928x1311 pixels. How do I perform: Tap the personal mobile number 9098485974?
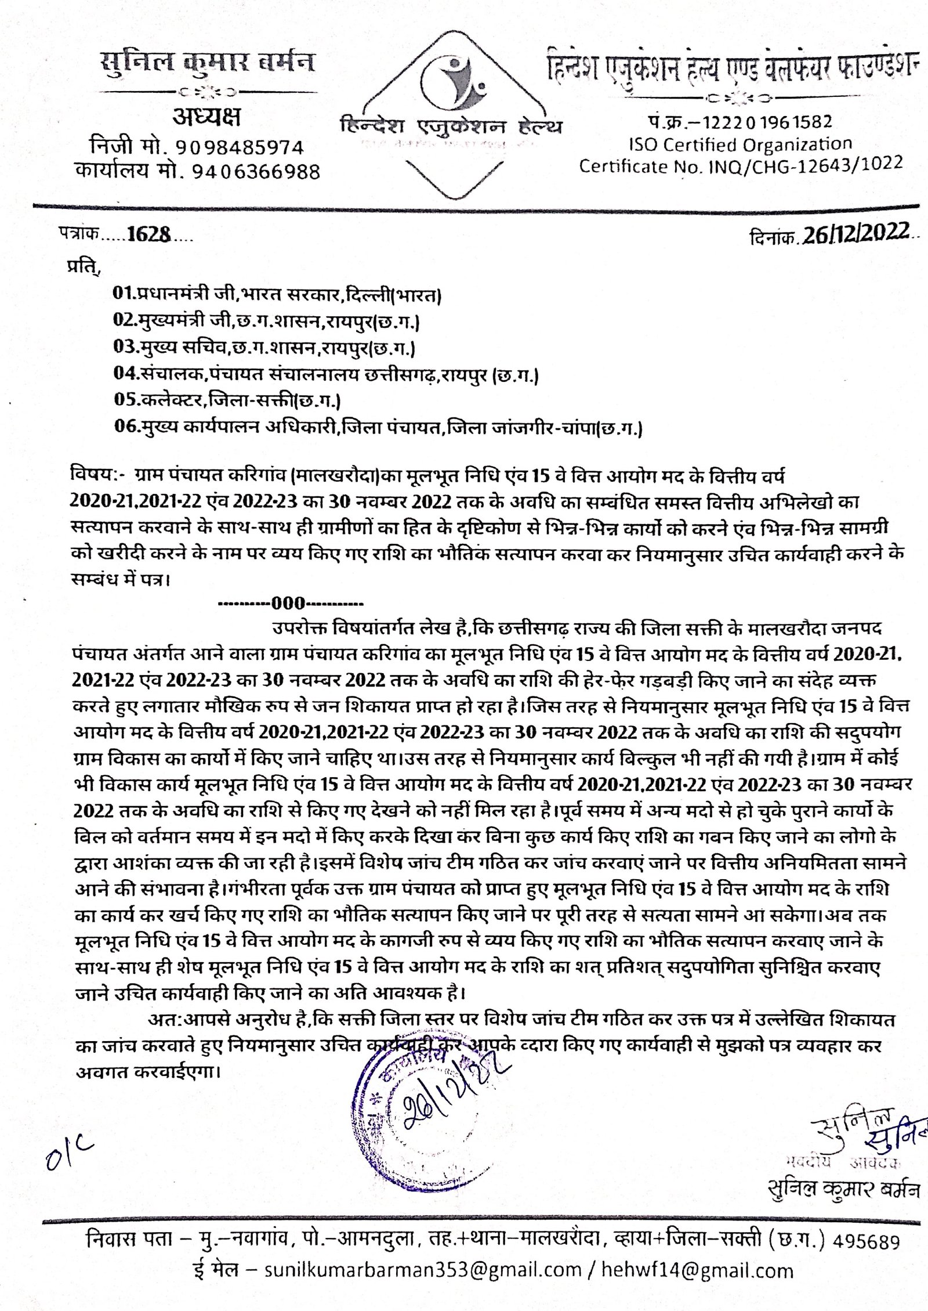pyautogui.click(x=240, y=147)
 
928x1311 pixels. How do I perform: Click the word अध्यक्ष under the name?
pyautogui.click(x=206, y=118)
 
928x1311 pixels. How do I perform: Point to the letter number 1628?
pyautogui.click(x=148, y=234)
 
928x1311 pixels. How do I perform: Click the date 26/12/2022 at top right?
pyautogui.click(x=855, y=233)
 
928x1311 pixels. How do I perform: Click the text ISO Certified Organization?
pyautogui.click(x=741, y=144)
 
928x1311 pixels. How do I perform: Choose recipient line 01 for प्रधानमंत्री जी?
pyautogui.click(x=277, y=294)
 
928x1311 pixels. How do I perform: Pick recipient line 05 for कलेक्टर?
pyautogui.click(x=227, y=400)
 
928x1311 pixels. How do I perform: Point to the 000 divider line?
pyautogui.click(x=290, y=604)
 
